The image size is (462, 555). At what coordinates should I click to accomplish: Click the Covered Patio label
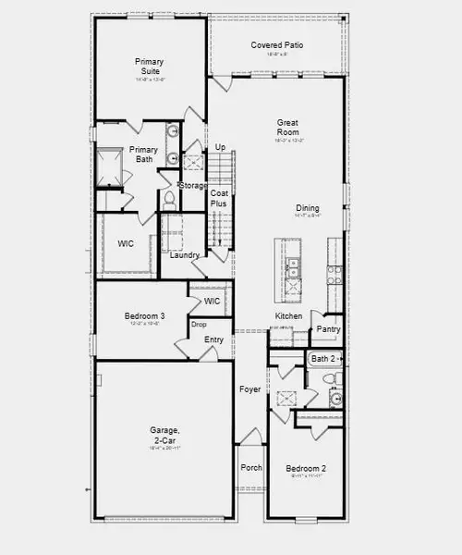(277, 45)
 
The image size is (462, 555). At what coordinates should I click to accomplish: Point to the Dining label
(307, 208)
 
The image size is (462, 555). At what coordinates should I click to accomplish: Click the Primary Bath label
(143, 154)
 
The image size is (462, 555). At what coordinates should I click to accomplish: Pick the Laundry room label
(185, 254)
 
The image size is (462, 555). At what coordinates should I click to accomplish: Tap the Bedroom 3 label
(144, 317)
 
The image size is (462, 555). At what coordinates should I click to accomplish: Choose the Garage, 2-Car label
(164, 435)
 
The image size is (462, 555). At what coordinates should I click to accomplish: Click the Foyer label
(249, 389)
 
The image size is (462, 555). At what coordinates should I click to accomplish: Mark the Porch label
(251, 467)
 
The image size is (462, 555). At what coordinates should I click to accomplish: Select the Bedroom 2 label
(304, 467)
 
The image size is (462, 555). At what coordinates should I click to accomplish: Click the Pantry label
(328, 328)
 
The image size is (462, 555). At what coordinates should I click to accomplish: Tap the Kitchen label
(288, 316)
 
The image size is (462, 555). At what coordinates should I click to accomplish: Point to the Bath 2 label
(322, 358)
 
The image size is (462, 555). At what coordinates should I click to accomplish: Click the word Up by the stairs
(220, 147)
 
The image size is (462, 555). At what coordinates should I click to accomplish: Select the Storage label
(193, 186)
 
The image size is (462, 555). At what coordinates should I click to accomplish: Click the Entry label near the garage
(213, 339)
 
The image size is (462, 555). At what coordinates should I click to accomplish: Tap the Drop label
(198, 325)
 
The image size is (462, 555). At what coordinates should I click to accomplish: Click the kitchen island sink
(293, 268)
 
